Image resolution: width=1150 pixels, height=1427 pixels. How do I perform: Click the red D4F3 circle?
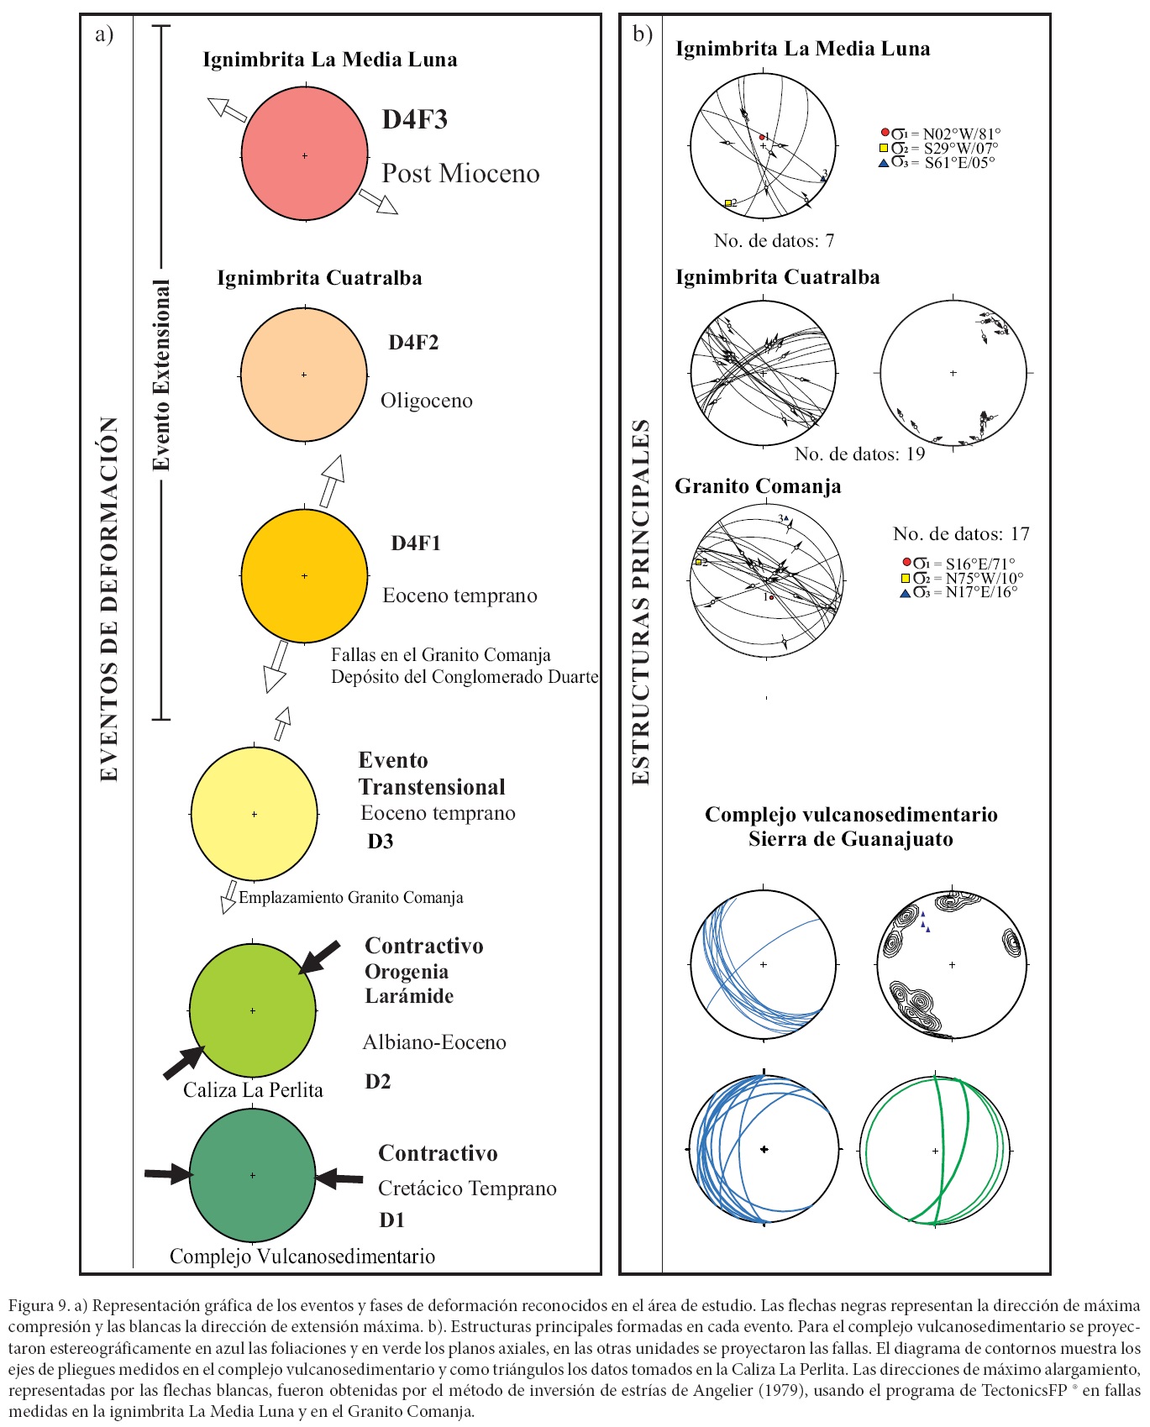304,155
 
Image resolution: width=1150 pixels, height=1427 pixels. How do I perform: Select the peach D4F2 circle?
303,375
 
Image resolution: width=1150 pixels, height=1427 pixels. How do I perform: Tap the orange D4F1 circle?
304,576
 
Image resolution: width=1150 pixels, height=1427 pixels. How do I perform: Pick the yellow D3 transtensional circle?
254,814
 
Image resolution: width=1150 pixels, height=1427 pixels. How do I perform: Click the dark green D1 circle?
252,1175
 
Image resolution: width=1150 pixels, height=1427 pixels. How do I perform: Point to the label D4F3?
414,119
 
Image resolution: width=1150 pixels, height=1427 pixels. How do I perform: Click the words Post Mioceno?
460,174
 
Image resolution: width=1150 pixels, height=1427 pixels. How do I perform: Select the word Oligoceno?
427,401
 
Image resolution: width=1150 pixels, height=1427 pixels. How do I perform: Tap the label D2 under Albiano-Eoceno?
378,1081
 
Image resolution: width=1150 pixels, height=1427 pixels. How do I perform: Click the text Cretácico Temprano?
467,1188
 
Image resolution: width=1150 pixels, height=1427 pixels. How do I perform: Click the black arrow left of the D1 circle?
168,1174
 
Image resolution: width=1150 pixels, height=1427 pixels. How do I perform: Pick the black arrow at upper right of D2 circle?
319,957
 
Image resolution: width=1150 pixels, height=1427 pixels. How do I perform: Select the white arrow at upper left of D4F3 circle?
226,110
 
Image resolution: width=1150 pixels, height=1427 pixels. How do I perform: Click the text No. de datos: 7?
774,241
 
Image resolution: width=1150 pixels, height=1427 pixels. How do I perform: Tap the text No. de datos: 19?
859,454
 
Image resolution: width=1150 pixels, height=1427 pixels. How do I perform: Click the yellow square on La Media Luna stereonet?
728,202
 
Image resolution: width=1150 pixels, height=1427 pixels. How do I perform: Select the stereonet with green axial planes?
935,1150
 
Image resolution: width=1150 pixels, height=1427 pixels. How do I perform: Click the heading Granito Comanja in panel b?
758,486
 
